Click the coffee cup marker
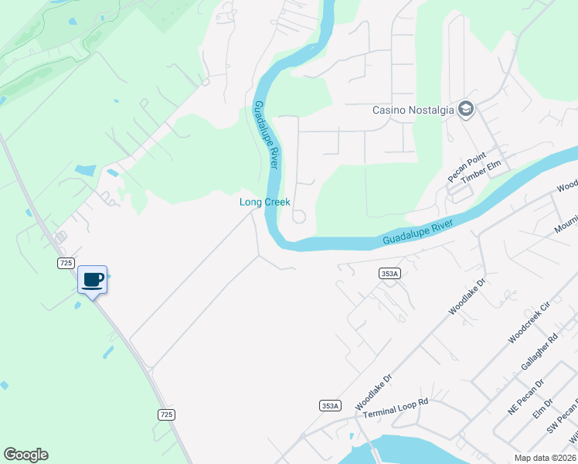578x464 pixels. click(x=93, y=280)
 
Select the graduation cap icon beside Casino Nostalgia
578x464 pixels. click(x=465, y=109)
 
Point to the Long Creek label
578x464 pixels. click(x=264, y=202)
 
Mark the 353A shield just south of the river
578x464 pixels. click(x=390, y=273)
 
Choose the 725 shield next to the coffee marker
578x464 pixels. click(x=66, y=263)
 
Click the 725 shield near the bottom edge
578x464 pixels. click(x=166, y=415)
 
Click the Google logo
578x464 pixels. click(x=25, y=455)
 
